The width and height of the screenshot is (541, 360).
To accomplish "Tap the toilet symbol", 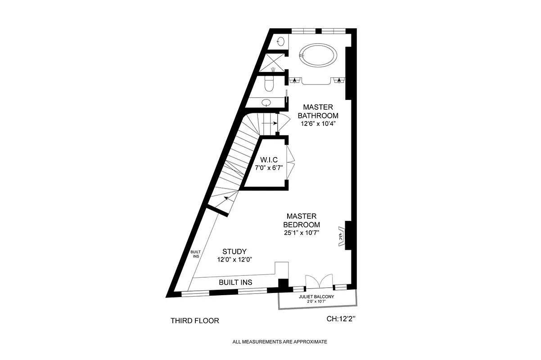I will point(270,84).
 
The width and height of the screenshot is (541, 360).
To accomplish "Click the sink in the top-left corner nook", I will point(280,41).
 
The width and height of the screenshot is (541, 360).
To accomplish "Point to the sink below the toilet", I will point(266,102).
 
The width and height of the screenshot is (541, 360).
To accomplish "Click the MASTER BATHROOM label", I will point(318,111).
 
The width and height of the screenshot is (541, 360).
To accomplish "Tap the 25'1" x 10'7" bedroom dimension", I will point(302,233).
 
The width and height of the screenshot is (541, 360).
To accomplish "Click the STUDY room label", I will point(234,252).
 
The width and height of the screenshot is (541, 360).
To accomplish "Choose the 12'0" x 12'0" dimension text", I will point(234,260).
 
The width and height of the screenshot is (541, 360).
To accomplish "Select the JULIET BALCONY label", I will point(316,297).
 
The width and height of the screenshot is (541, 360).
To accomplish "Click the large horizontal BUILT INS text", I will point(235,282).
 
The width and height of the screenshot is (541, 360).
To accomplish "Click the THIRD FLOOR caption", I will point(194,321).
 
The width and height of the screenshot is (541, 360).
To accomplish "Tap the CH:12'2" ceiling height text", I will point(343,319).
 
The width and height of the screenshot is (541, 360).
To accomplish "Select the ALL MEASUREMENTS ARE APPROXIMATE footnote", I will point(280,342).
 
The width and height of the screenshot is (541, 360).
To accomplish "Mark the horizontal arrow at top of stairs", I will point(269,123).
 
